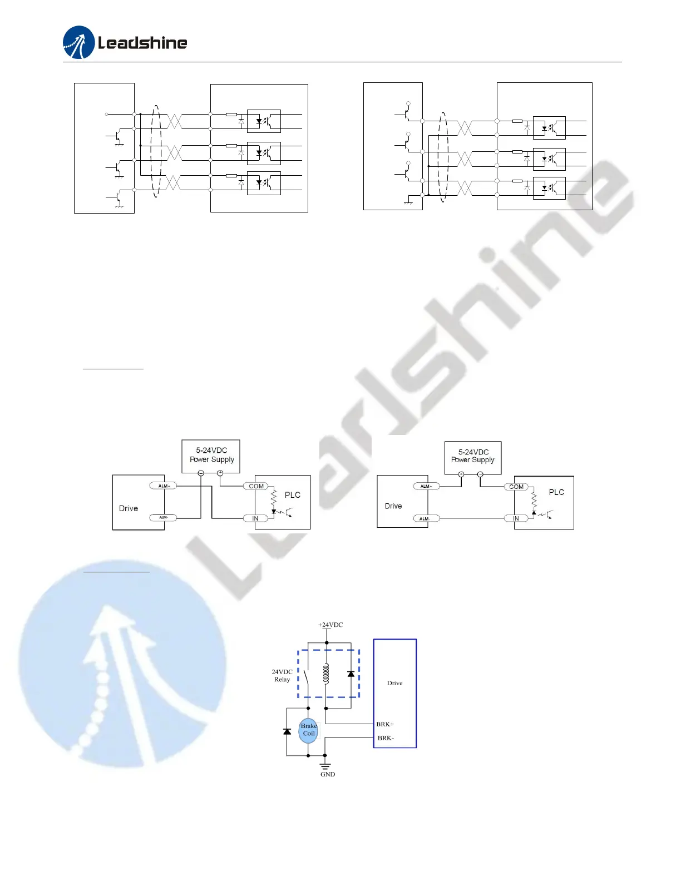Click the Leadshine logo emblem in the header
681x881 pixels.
pyautogui.click(x=78, y=42)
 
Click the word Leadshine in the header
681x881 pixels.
pyautogui.click(x=142, y=43)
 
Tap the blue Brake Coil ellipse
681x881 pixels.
pyautogui.click(x=308, y=730)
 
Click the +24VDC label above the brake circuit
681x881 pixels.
pyautogui.click(x=330, y=625)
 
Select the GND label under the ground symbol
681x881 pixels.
pyautogui.click(x=328, y=774)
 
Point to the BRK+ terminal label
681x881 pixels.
pyautogui.click(x=385, y=724)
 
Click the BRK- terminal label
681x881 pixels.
pyautogui.click(x=386, y=738)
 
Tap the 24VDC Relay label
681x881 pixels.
pyautogui.click(x=282, y=675)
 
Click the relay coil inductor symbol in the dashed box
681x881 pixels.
pyautogui.click(x=326, y=674)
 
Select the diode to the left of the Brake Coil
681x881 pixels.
pyautogui.click(x=287, y=731)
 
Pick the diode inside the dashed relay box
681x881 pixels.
pyautogui.click(x=351, y=674)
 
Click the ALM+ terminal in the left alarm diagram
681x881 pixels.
pyautogui.click(x=164, y=486)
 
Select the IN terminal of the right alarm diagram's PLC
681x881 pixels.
pyautogui.click(x=516, y=518)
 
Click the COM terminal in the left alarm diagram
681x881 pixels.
pyautogui.click(x=256, y=486)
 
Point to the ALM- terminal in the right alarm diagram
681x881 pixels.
pyautogui.click(x=426, y=518)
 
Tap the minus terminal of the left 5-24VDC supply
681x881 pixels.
pyautogui.click(x=201, y=473)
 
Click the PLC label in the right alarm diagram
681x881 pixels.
pyautogui.click(x=556, y=492)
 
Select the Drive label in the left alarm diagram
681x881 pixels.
pyautogui.click(x=129, y=508)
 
